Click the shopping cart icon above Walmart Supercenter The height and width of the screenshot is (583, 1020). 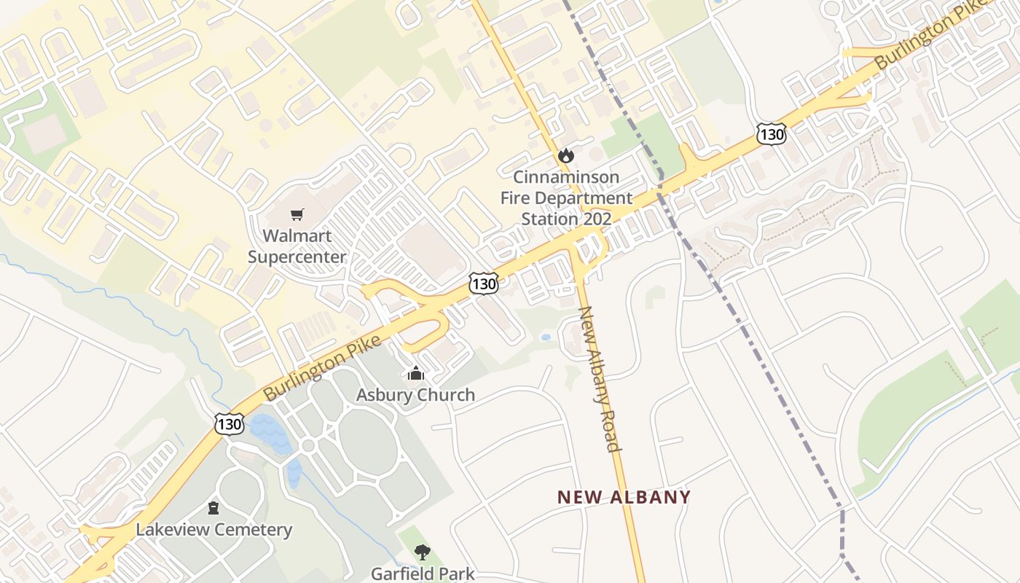[x=297, y=214]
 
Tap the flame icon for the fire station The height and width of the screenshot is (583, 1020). [x=565, y=155]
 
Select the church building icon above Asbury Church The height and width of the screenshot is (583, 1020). [x=415, y=373]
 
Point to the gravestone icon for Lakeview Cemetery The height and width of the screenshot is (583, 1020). [x=213, y=507]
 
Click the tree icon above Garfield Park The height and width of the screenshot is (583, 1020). [x=422, y=552]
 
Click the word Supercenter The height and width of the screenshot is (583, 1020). [x=297, y=257]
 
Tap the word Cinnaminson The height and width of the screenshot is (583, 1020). [x=566, y=177]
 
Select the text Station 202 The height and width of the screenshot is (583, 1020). [x=566, y=219]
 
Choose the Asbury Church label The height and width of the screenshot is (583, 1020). [x=415, y=395]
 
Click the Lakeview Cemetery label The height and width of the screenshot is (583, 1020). [x=213, y=530]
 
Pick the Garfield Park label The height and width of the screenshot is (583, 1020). [x=423, y=574]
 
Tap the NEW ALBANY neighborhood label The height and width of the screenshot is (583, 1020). [x=624, y=497]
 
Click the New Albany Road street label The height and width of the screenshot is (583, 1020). [x=599, y=378]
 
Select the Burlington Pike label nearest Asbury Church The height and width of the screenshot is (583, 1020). [x=322, y=367]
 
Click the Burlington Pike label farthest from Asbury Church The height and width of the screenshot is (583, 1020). [x=923, y=36]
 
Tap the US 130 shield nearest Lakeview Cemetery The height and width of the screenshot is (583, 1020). [x=229, y=423]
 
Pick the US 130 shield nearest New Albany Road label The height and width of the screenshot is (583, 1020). [x=483, y=283]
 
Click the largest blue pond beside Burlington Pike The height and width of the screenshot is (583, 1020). [x=270, y=432]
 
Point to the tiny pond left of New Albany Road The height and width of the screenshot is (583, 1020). [x=546, y=337]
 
